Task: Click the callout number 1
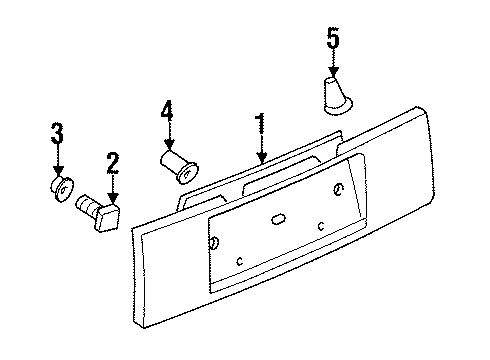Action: pos(261,124)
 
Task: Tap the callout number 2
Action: pos(113,163)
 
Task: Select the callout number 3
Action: pos(57,132)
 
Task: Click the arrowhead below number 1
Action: pos(262,158)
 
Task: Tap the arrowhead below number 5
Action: pos(333,72)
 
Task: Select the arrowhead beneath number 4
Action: pos(169,144)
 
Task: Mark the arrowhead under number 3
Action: pos(59,171)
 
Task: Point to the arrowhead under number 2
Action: pos(113,198)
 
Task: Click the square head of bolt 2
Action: pos(107,217)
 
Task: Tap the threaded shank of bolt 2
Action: pos(87,206)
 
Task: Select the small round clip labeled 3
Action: pos(62,189)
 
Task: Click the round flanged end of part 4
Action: pos(187,173)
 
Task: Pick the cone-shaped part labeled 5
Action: pos(337,96)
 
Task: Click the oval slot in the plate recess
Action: pos(278,219)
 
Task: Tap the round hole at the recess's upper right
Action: pos(338,189)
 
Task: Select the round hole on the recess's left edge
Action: pos(214,242)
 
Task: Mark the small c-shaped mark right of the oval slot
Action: pos(321,226)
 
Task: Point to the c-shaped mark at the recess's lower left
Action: pos(239,261)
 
